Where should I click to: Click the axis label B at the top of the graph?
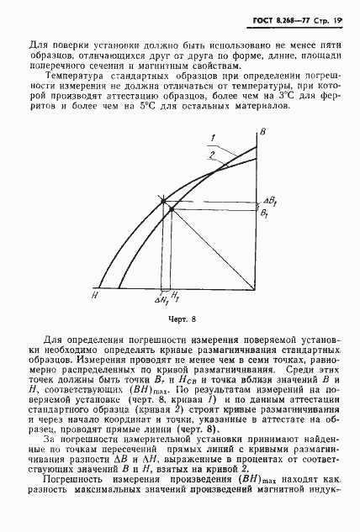click(263, 133)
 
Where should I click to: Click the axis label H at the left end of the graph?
click(96, 295)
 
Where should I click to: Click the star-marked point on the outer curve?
click(163, 201)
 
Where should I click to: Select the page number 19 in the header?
click(340, 19)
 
